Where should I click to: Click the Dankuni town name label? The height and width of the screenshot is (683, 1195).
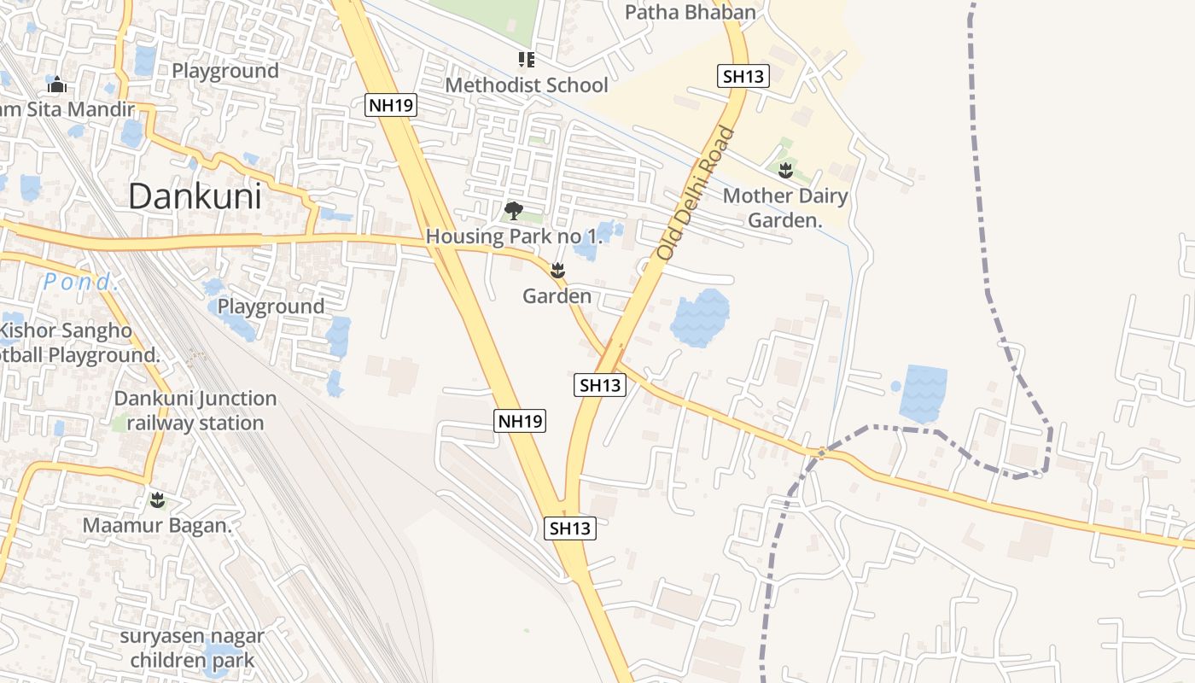(x=195, y=197)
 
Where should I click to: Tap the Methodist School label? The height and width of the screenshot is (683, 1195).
(x=527, y=85)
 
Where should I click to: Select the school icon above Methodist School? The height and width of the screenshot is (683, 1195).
(x=527, y=60)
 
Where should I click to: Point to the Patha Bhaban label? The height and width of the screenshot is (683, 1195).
(x=691, y=12)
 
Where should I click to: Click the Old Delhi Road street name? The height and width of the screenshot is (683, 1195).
(x=695, y=194)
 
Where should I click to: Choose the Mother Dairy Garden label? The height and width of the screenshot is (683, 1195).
(x=785, y=208)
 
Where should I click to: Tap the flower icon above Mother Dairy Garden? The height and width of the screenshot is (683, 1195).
(x=785, y=170)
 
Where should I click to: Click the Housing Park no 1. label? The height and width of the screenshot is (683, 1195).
(x=515, y=236)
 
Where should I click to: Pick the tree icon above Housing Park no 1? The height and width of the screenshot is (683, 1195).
(x=514, y=210)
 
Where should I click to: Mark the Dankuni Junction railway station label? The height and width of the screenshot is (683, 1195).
(x=195, y=411)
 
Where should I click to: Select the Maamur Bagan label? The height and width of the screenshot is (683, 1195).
(x=157, y=526)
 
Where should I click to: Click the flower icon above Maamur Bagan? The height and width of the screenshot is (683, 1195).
(x=157, y=499)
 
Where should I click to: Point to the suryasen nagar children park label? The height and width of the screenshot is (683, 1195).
(x=192, y=648)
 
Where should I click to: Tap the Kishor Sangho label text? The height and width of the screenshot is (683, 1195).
(x=67, y=330)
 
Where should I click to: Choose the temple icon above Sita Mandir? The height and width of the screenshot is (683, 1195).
(x=57, y=85)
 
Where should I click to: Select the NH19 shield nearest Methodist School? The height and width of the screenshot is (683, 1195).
(x=392, y=106)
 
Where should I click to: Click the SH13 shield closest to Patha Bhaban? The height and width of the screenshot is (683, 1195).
(x=743, y=77)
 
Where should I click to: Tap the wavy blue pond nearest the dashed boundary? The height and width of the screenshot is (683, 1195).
(x=923, y=394)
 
